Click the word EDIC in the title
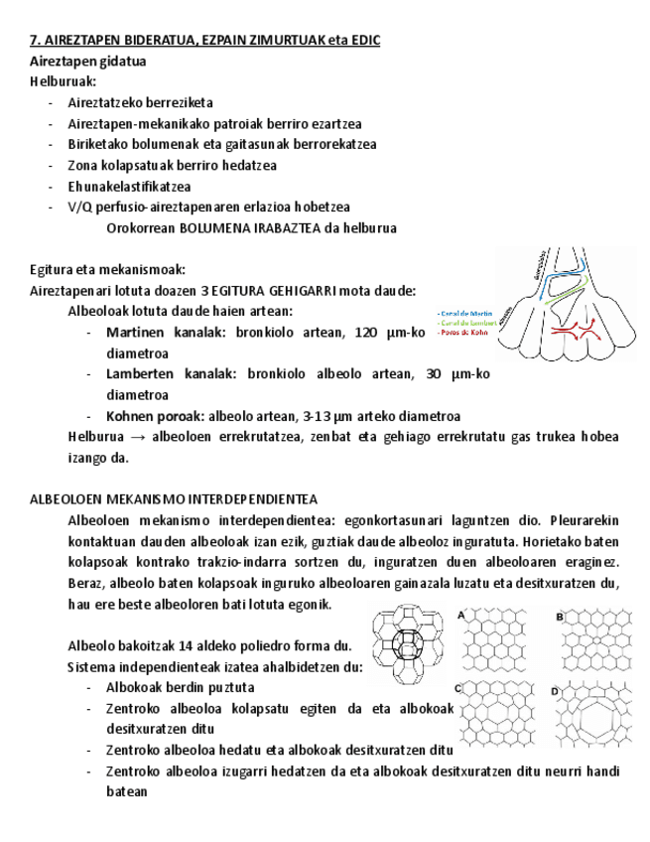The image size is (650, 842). (x=362, y=40)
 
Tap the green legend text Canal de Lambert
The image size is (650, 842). (x=468, y=323)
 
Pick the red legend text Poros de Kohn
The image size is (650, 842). (x=465, y=333)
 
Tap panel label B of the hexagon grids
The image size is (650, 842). (x=560, y=617)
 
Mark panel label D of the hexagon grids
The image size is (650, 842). (x=556, y=689)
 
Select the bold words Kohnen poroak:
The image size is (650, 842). (x=154, y=416)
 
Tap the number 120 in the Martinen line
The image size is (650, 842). (x=367, y=332)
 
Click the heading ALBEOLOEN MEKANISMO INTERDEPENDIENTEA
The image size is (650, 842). (x=174, y=498)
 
